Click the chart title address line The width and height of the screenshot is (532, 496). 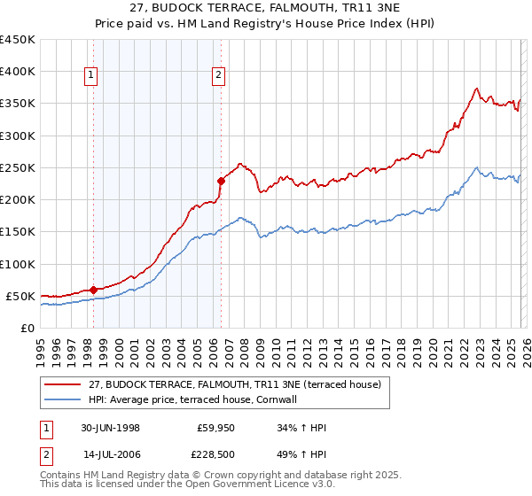point(265,9)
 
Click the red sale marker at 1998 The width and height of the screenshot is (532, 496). point(94,289)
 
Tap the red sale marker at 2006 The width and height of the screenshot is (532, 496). point(220,181)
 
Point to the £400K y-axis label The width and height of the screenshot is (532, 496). point(18,72)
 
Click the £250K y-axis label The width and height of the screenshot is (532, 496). point(18,167)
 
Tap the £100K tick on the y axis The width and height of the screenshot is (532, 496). point(18,264)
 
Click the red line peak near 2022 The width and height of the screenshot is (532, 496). point(477,88)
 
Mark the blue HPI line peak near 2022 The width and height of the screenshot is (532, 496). point(477,167)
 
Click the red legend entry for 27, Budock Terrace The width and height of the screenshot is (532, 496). point(234,384)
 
